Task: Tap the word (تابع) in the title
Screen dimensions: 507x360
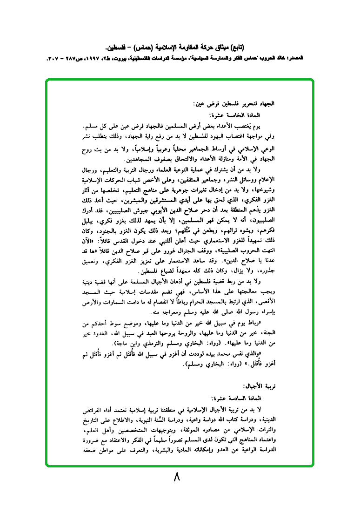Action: pyautogui.click(x=238, y=47)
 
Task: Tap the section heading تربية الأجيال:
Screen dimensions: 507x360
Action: pyautogui.click(x=255, y=387)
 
